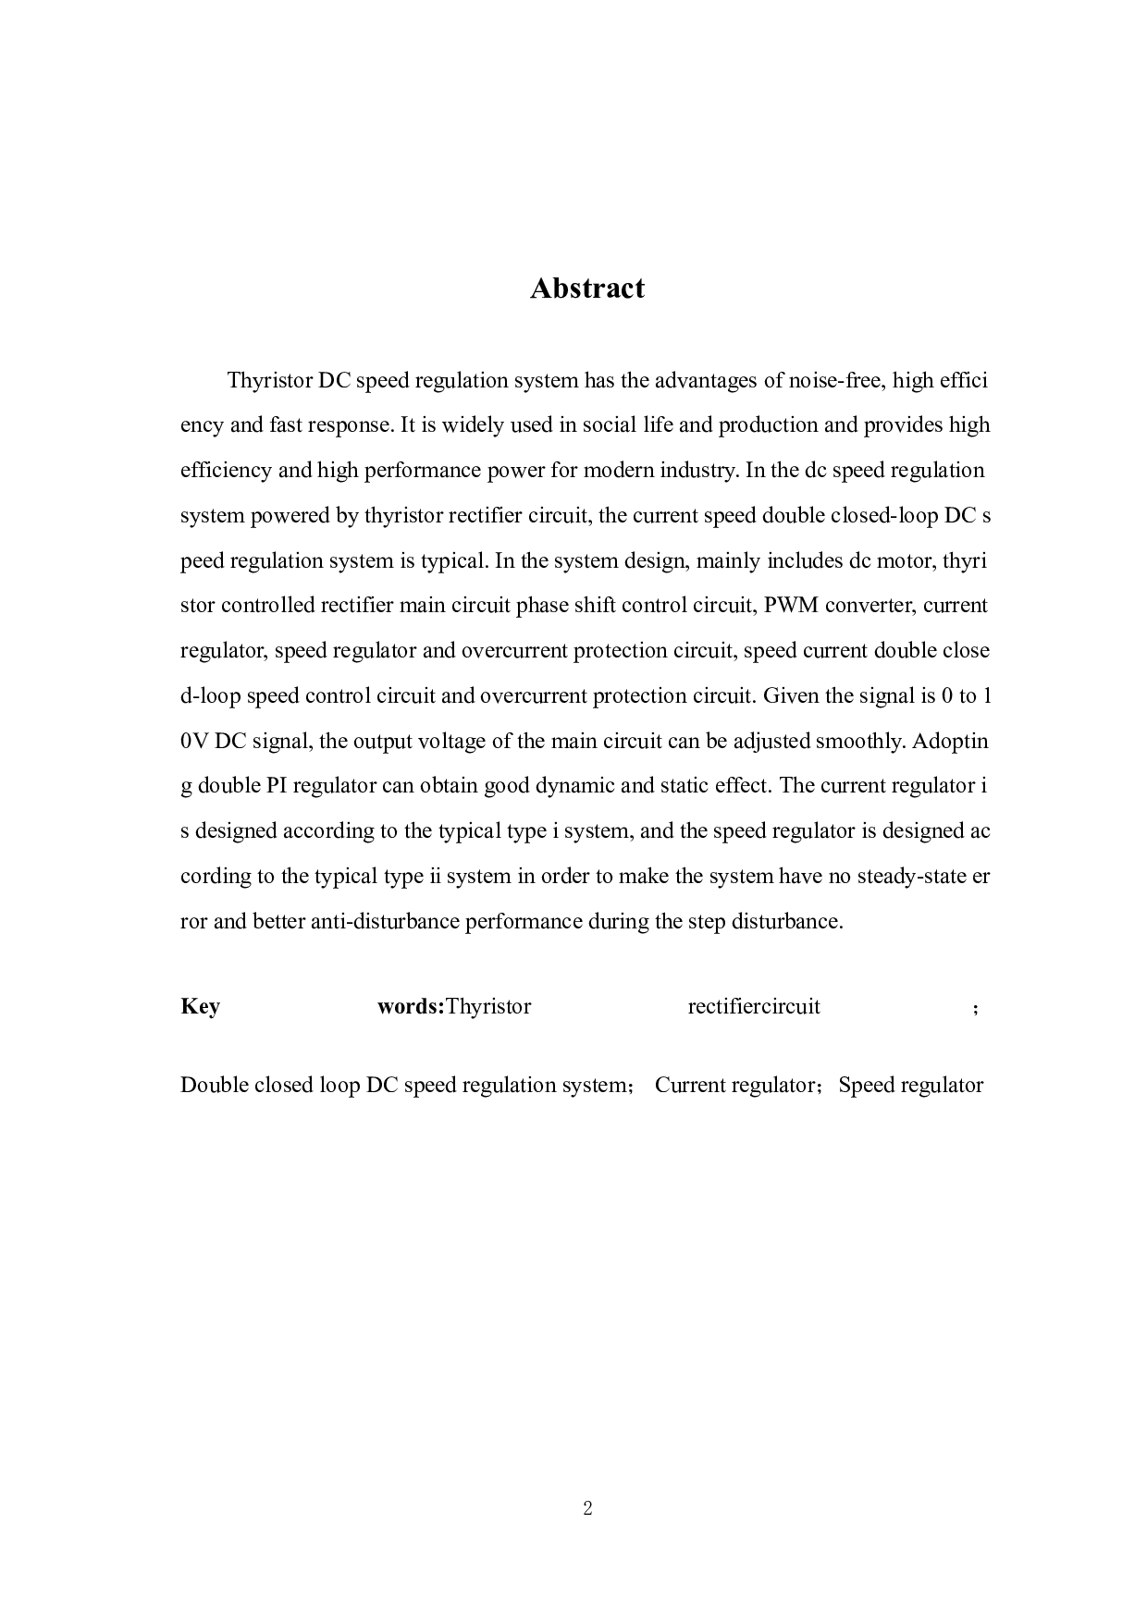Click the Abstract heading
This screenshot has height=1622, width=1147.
pyautogui.click(x=586, y=289)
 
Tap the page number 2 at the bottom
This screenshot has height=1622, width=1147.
pyautogui.click(x=587, y=1508)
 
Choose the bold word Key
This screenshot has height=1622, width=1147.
pyautogui.click(x=200, y=1007)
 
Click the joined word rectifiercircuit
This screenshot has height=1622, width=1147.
pyautogui.click(x=754, y=1007)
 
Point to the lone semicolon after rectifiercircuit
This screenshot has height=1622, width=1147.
pyautogui.click(x=975, y=1009)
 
